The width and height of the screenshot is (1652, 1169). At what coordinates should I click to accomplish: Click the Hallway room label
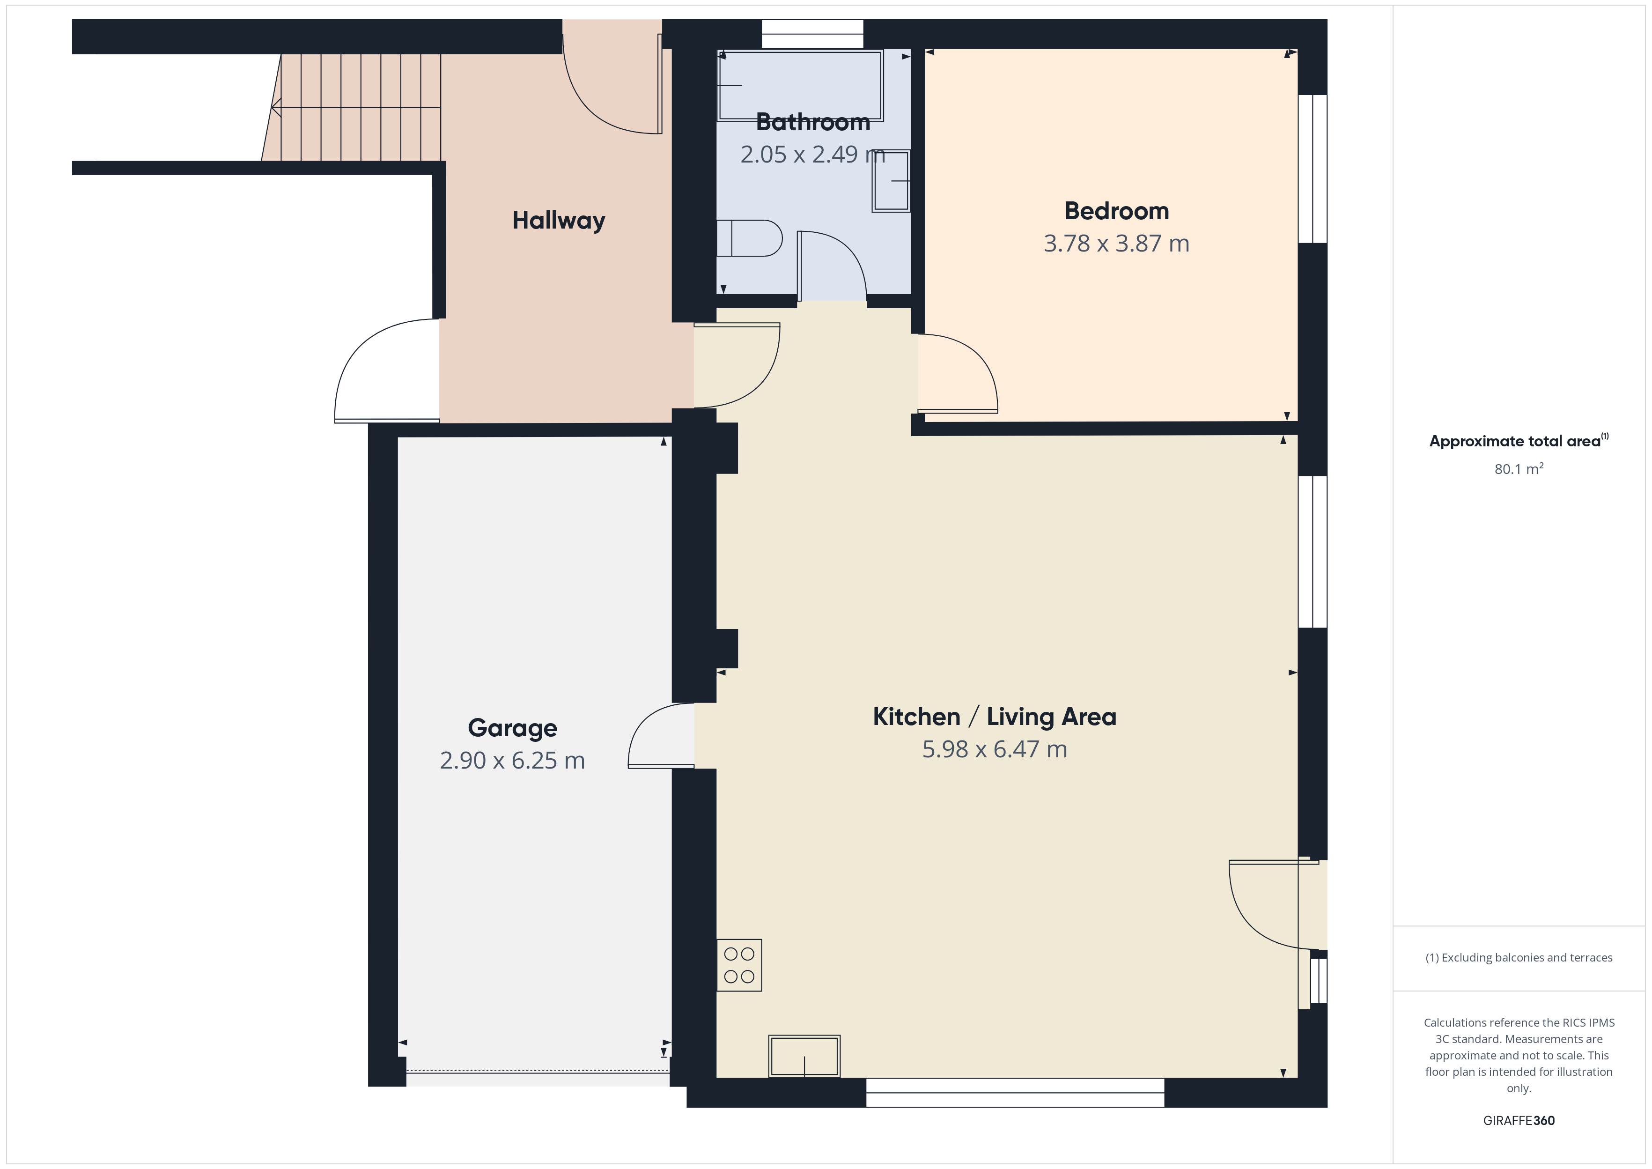tap(558, 220)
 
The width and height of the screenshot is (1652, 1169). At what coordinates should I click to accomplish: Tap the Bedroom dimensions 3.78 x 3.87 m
tap(1116, 243)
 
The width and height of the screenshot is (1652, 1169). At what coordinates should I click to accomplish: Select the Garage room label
tap(512, 728)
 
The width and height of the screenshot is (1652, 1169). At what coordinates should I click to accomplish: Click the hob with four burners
tap(739, 965)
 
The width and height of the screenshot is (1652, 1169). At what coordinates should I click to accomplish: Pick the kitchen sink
tap(804, 1056)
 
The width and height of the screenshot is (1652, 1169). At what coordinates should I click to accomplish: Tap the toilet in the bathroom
tap(749, 238)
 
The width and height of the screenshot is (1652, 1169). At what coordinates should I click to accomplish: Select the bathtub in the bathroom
tap(800, 86)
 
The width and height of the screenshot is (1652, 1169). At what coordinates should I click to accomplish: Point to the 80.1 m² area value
tap(1519, 469)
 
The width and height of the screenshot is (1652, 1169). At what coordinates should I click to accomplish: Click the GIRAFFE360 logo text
tap(1519, 1121)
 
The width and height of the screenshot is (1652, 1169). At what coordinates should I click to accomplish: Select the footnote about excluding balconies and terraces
tap(1519, 957)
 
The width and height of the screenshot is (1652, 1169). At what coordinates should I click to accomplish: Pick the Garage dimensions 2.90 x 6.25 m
tap(512, 760)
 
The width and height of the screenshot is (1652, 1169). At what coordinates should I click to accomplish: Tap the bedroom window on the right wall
tap(1313, 169)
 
